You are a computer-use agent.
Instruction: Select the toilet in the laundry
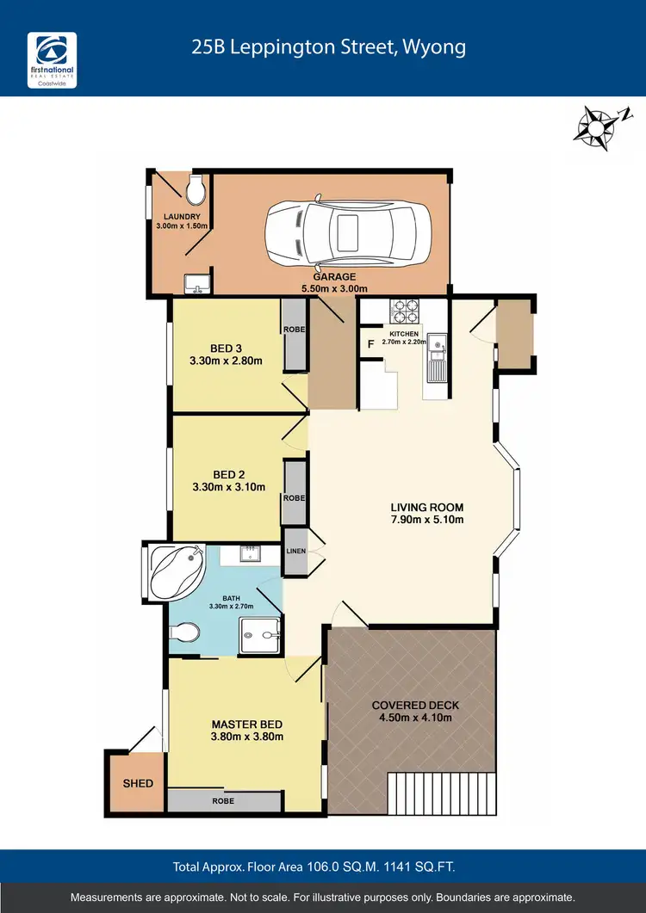[195, 185]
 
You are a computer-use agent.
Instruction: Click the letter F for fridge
[370, 345]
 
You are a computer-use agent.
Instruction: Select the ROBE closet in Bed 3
[295, 336]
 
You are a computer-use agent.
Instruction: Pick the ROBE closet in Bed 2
[295, 493]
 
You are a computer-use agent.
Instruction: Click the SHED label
[138, 783]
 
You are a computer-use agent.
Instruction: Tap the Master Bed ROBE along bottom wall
[223, 800]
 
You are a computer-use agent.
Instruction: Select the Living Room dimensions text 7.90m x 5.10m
[427, 520]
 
